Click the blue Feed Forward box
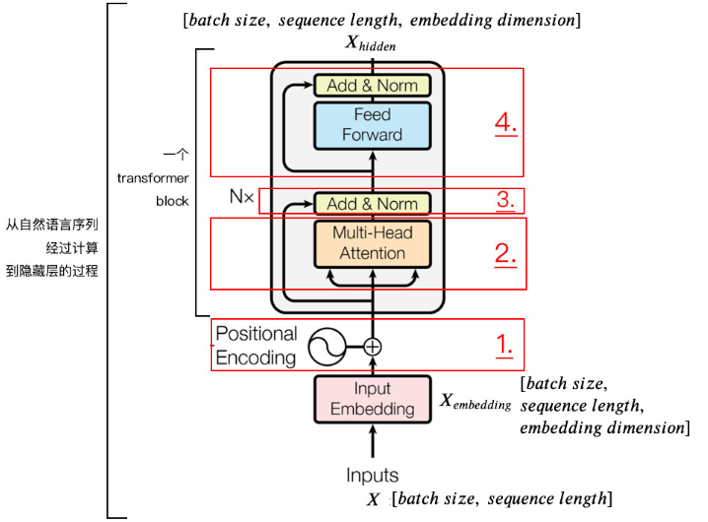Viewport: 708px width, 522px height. tap(372, 125)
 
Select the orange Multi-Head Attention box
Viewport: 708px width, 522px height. tap(372, 243)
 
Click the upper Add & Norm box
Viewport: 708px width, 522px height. tap(372, 86)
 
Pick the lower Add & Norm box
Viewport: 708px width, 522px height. tap(372, 204)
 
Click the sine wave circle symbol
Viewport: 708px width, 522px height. tap(326, 347)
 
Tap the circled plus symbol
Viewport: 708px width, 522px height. tap(373, 347)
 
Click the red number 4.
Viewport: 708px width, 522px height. tap(506, 125)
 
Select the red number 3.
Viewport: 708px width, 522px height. tap(506, 201)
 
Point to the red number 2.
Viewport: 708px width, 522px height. tap(506, 253)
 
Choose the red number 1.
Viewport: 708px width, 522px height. tap(504, 346)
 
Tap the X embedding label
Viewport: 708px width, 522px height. tap(474, 401)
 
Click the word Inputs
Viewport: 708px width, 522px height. tap(372, 476)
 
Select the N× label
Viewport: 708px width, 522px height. tap(242, 197)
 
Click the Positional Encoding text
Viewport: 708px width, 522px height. tap(255, 346)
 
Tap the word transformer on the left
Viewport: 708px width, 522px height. tap(152, 178)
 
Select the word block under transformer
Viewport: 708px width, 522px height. tap(172, 201)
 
